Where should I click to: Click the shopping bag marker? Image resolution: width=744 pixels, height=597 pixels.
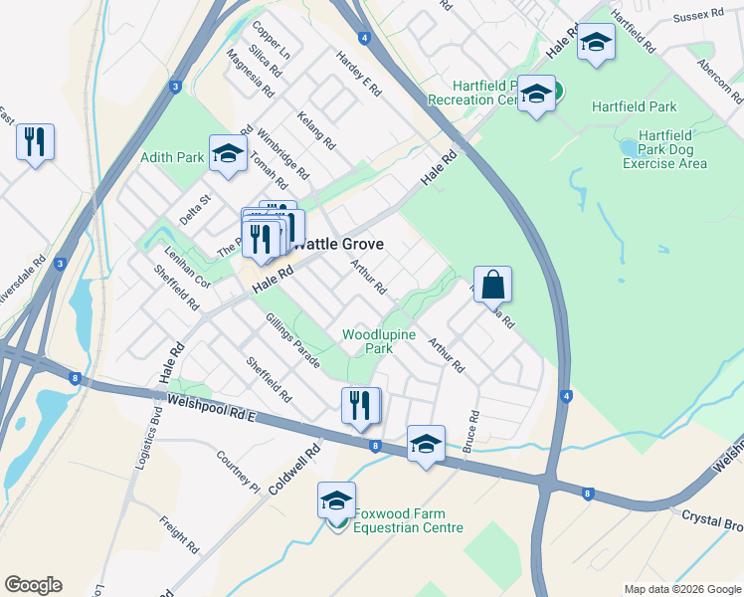[492, 286]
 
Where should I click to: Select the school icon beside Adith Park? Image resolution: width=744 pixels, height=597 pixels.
[228, 154]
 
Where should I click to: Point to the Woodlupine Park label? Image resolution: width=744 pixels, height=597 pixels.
[379, 341]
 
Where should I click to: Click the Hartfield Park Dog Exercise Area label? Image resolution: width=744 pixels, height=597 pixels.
[665, 149]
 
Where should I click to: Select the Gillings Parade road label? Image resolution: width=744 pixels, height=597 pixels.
[292, 340]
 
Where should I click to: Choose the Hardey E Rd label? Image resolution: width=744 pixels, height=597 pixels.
[359, 74]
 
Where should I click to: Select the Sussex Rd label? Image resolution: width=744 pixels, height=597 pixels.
[698, 17]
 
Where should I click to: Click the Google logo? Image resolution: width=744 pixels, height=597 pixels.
[33, 585]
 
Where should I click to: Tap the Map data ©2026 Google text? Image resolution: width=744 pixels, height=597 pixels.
[681, 589]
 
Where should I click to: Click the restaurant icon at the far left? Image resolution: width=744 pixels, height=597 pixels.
[35, 142]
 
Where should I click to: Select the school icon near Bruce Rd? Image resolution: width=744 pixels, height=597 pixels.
[426, 444]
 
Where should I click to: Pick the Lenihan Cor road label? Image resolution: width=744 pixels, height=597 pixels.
[188, 268]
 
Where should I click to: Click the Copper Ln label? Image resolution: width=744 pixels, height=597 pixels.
[272, 41]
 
